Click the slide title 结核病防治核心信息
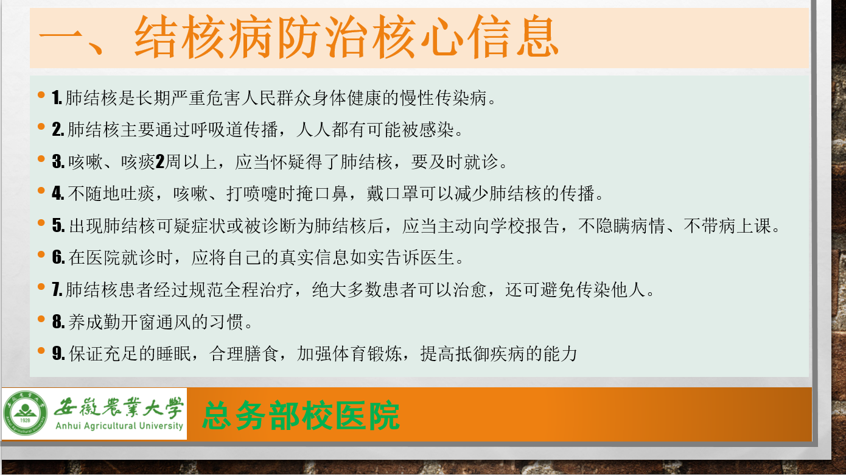click(346, 37)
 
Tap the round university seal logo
click(26, 413)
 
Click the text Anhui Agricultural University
click(119, 426)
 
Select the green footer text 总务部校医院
click(301, 416)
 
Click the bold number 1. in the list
click(57, 98)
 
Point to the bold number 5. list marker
click(58, 225)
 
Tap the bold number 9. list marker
click(58, 353)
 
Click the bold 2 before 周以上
click(159, 162)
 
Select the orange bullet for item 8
click(41, 319)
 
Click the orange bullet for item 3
click(41, 159)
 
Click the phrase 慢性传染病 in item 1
click(444, 98)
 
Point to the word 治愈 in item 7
click(470, 289)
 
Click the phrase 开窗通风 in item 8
click(156, 322)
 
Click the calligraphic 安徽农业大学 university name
click(119, 407)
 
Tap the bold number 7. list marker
click(57, 289)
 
